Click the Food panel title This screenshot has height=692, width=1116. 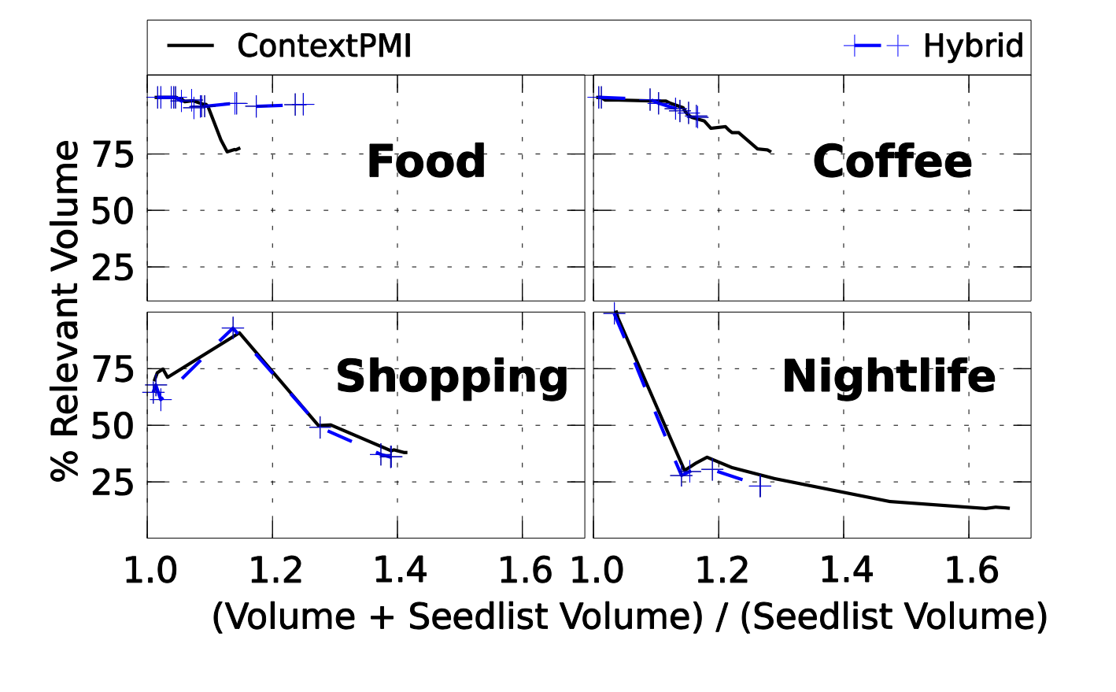(x=426, y=161)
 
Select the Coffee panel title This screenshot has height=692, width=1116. (x=892, y=161)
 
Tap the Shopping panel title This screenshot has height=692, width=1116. (x=452, y=376)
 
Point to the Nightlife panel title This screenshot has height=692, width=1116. (x=889, y=376)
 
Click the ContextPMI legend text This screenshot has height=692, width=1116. (x=324, y=46)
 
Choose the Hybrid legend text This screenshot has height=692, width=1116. (x=973, y=46)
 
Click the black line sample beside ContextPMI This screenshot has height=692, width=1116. (x=190, y=46)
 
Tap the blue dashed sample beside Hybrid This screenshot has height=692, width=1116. (x=876, y=46)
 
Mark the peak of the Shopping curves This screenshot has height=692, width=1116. (x=234, y=331)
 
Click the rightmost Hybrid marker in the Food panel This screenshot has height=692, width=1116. (x=300, y=104)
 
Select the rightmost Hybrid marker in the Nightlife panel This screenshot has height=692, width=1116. (x=760, y=486)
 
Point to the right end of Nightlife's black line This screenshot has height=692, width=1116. (x=1009, y=509)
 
